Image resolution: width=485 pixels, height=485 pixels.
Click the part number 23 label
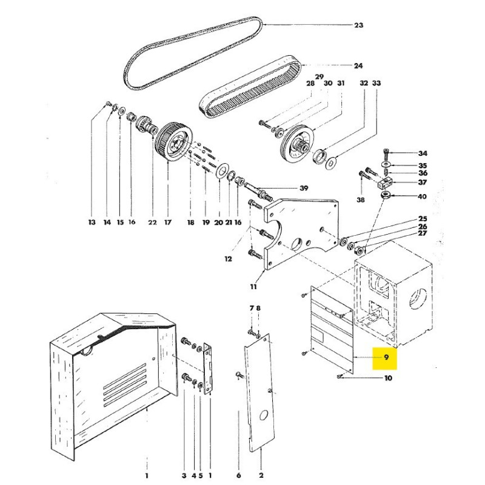click(x=358, y=25)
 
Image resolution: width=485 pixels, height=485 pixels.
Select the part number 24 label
click(x=358, y=65)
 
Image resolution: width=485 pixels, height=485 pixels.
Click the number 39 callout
click(x=304, y=187)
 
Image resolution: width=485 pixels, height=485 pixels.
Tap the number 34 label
click(x=423, y=153)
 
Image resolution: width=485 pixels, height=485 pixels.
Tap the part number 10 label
click(x=388, y=378)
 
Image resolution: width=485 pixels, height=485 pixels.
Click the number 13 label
click(x=92, y=223)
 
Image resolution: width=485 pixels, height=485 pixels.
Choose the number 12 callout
click(x=228, y=259)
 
